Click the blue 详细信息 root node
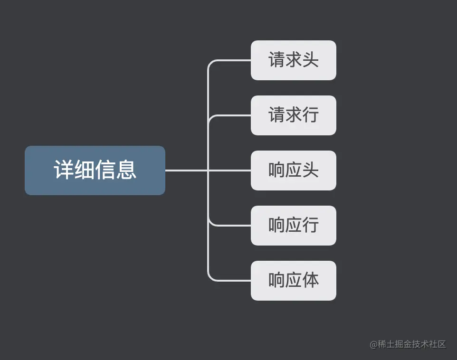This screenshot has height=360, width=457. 95,170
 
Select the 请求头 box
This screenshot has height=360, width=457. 293,60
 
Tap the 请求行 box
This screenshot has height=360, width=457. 293,115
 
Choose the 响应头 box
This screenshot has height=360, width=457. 293,171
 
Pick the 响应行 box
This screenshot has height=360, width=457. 293,226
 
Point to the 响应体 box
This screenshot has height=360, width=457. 293,281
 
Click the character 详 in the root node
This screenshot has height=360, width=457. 64,170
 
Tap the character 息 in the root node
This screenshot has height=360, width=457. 126,170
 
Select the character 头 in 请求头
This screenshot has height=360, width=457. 310,60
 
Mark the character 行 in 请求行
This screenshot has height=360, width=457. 310,115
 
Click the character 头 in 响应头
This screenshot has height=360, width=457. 310,171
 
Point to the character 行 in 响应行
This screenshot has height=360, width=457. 310,226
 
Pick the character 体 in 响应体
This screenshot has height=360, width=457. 310,281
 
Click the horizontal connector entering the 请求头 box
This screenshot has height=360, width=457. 233,60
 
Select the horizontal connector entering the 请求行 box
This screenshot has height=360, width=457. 233,115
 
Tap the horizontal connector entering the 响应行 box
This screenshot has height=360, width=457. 233,226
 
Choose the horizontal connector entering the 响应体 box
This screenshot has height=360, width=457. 233,281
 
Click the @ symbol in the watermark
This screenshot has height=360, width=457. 373,344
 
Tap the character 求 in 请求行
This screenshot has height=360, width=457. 293,115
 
